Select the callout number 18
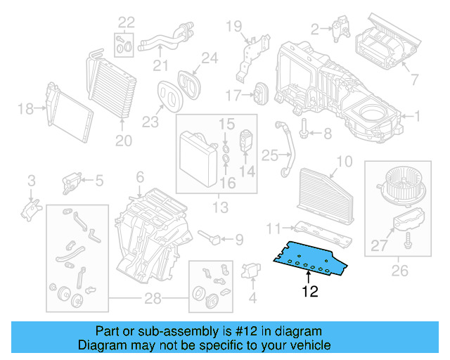coord(25,108)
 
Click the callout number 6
coord(140,177)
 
